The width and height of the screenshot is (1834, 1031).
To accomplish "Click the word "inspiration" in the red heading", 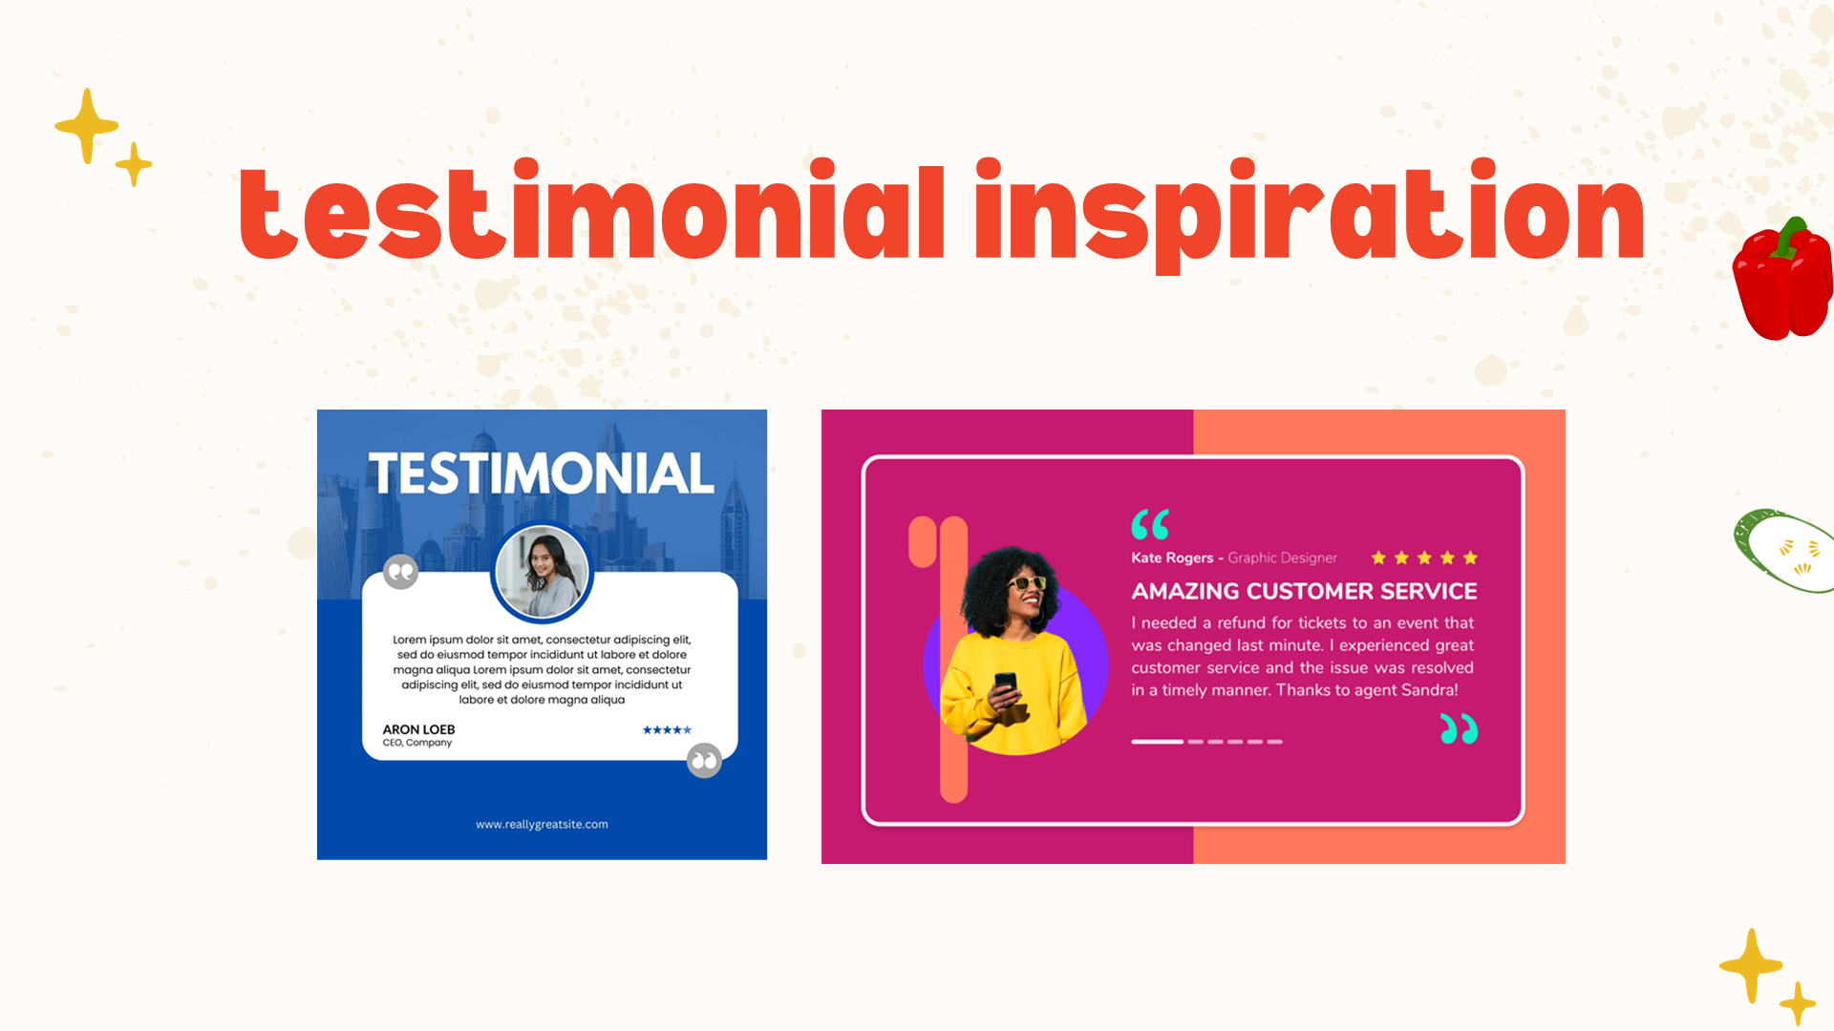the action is click(1310, 216).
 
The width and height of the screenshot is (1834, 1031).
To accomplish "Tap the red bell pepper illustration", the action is click(1783, 279).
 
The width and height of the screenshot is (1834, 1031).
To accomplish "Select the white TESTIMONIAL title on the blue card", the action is click(542, 473).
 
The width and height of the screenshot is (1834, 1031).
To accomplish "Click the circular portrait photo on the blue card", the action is click(543, 573).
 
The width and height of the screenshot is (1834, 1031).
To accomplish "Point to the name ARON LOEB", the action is click(418, 729).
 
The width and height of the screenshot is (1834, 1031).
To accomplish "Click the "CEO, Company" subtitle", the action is click(417, 743).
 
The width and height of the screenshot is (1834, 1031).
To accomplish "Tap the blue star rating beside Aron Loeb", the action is click(667, 730).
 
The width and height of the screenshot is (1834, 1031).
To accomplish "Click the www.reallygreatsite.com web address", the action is click(542, 824).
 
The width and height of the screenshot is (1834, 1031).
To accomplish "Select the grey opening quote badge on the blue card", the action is click(401, 572).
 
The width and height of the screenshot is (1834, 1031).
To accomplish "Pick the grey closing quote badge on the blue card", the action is click(704, 761).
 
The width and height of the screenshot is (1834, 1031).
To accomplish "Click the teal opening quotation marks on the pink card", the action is click(1150, 524).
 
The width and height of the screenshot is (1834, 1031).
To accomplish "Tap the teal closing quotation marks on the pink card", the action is click(1459, 728).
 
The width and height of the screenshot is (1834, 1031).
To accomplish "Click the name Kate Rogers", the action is click(1172, 558).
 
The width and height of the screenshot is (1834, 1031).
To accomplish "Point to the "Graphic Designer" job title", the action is click(1282, 558).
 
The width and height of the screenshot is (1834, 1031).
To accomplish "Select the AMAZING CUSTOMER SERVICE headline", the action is click(1304, 591).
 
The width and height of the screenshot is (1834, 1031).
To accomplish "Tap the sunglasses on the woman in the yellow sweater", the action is click(1027, 582).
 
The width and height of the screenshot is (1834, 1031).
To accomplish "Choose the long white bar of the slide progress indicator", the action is click(1157, 742).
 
